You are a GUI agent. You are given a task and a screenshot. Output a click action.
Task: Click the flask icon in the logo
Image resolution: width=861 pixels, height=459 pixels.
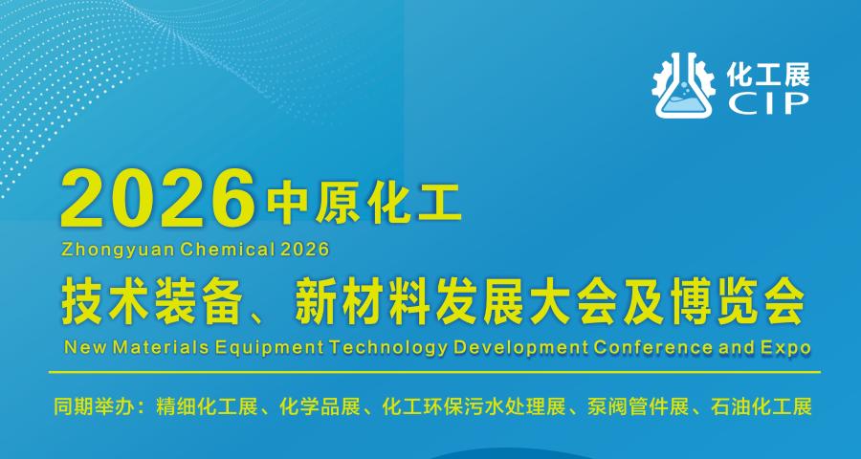[684, 86]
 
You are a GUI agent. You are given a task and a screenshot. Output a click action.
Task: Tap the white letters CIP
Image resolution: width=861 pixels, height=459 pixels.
[768, 103]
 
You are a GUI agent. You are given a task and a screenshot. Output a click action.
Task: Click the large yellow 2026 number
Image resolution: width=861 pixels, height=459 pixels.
[158, 199]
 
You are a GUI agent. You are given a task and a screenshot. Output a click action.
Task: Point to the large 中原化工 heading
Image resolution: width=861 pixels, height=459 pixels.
[364, 205]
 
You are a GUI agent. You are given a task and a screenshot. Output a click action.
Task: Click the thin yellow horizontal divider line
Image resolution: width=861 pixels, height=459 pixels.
[434, 372]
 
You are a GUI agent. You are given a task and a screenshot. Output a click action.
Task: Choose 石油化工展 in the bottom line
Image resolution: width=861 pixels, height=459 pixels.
[761, 408]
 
